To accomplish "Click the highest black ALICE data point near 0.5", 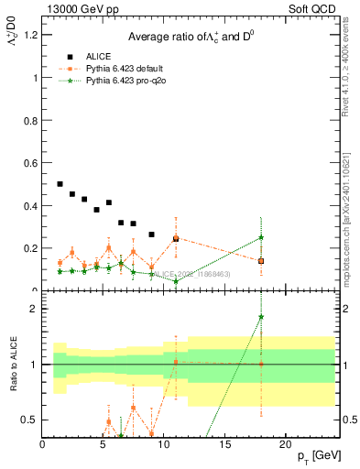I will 60,184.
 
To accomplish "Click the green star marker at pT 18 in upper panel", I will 261,237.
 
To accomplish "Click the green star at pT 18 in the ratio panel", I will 261,317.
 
